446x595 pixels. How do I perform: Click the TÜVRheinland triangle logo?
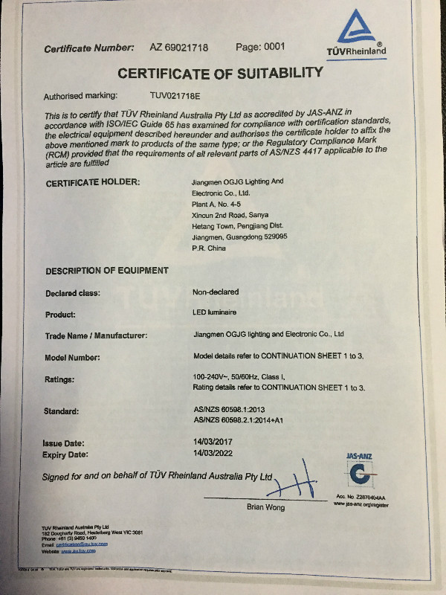click(361, 33)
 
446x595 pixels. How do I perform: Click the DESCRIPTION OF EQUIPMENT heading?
click(107, 270)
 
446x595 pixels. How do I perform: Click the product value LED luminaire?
click(211, 314)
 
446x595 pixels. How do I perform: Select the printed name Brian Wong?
click(265, 508)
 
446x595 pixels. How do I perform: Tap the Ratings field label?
click(61, 379)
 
